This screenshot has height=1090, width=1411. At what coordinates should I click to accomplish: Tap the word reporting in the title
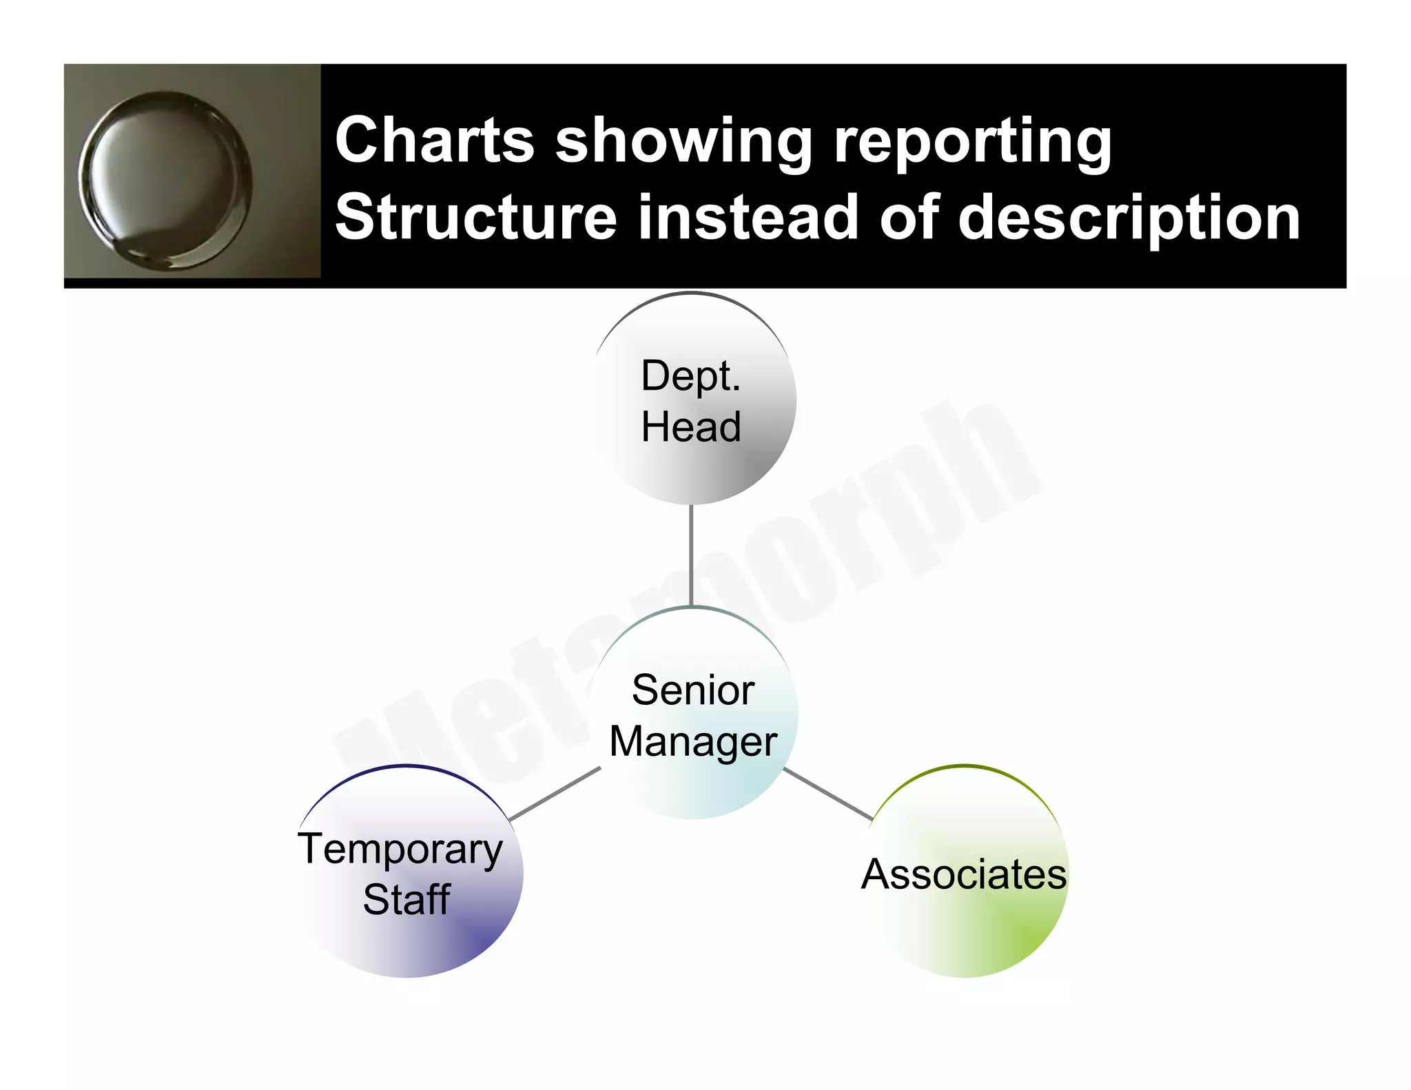(x=972, y=141)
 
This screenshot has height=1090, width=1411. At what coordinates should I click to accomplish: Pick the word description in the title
(x=1129, y=218)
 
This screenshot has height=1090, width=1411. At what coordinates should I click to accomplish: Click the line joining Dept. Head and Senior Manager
(x=691, y=555)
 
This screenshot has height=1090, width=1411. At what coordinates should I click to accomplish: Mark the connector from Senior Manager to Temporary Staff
(x=555, y=794)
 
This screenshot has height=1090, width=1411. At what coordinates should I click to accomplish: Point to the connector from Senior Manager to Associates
(x=828, y=794)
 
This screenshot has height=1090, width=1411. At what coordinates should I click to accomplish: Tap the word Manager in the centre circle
(x=693, y=742)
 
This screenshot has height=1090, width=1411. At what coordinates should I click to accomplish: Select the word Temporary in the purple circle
(x=400, y=850)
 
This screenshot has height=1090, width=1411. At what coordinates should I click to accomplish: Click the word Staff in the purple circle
(x=406, y=899)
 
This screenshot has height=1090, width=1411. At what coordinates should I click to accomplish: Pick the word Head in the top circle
(x=691, y=426)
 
